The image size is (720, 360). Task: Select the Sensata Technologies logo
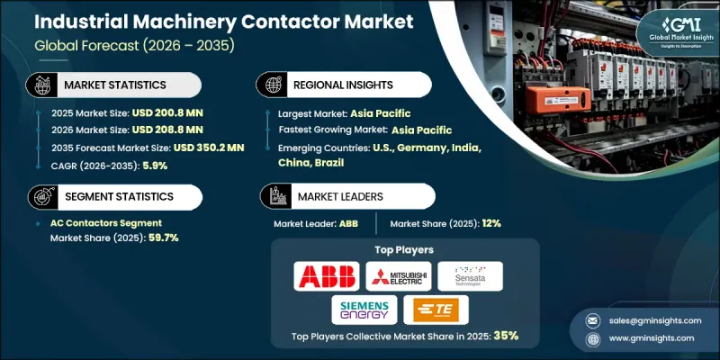(470, 275)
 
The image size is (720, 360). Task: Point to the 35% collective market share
(505, 335)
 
